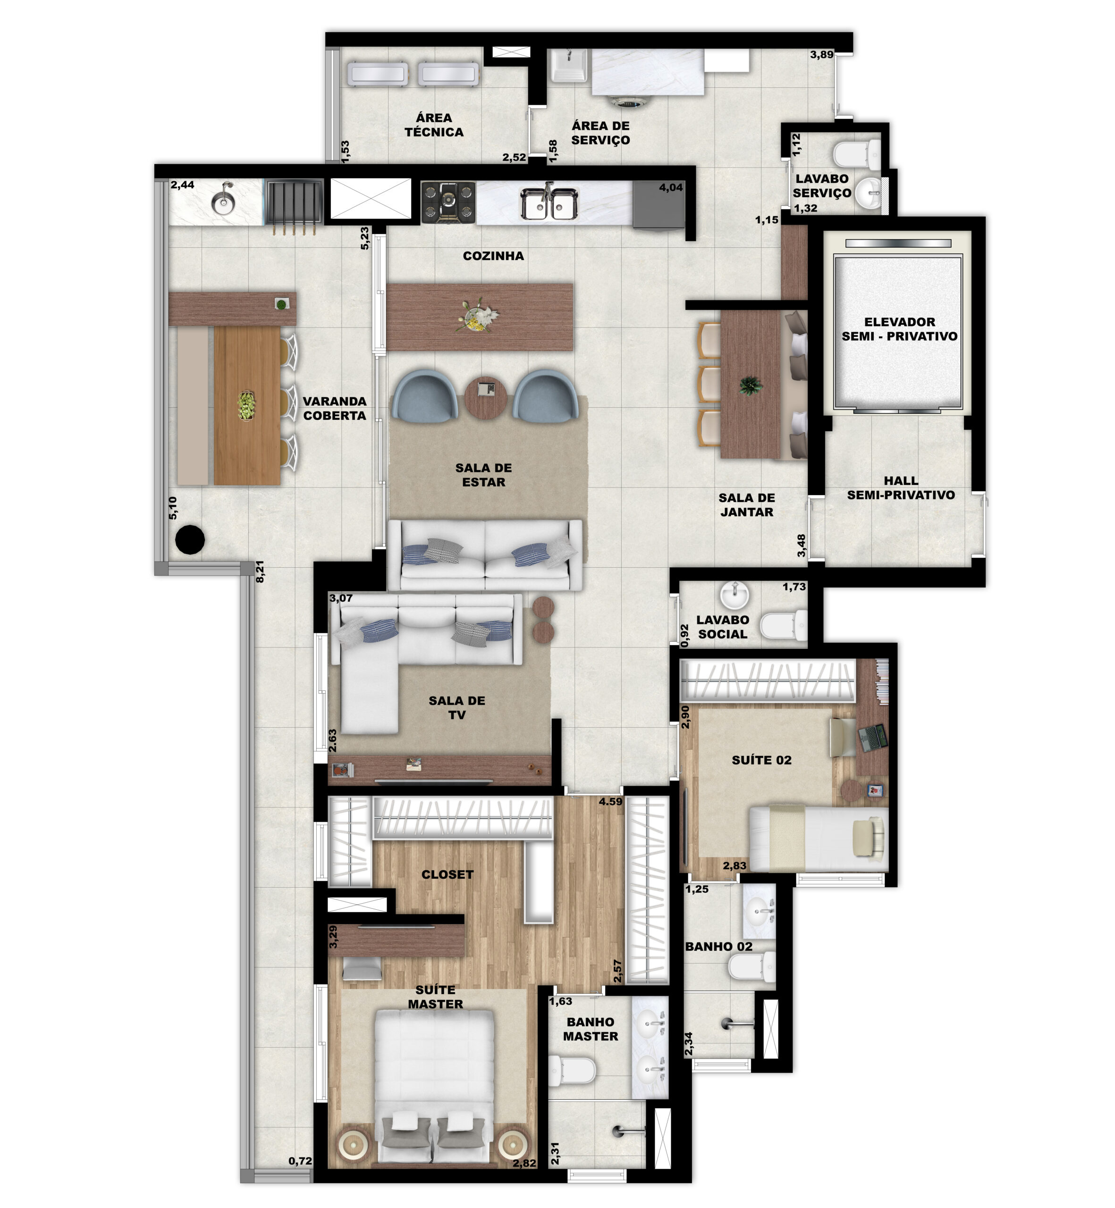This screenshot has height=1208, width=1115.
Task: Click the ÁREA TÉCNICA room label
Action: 434,125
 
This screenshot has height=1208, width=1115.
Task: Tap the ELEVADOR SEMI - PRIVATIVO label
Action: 900,329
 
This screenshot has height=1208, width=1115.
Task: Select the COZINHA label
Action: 493,256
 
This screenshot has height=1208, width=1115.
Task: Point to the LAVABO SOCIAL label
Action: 722,627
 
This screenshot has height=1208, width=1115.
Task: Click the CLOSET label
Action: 447,874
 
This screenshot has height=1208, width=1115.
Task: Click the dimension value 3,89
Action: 822,54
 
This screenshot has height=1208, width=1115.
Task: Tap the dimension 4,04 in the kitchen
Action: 671,187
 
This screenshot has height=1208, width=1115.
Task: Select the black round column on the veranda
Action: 190,539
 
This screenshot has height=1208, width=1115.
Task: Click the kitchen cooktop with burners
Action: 448,201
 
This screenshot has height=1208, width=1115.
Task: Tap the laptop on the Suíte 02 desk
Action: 872,737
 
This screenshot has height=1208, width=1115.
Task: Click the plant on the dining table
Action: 751,384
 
